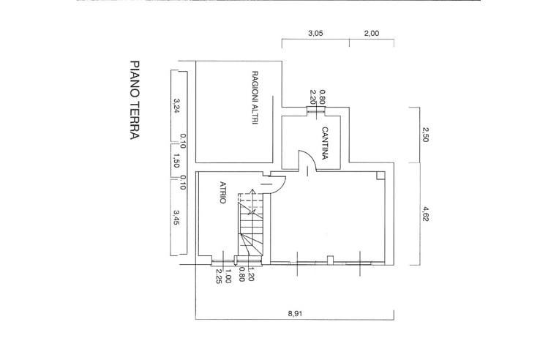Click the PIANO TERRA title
coord(135,100)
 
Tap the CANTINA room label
coord(325,143)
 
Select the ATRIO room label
coord(223,192)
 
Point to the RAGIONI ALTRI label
coord(255,97)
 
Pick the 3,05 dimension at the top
coord(315,34)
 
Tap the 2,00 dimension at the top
coord(372,34)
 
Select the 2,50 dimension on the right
coord(424,135)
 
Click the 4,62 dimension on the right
coord(424,213)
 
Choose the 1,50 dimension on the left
coord(176,160)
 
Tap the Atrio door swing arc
coord(282,186)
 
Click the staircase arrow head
coord(252,192)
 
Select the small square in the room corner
coord(380,175)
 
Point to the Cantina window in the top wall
coord(316,111)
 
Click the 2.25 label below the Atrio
coord(219,276)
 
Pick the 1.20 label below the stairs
coord(250,274)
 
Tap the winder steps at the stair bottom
coord(251,244)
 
